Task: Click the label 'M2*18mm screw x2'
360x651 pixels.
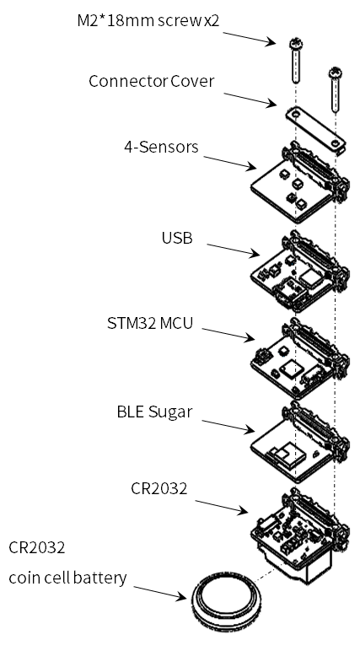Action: (x=148, y=21)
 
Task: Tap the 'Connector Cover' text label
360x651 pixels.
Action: (x=151, y=81)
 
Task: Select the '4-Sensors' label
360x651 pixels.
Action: (x=161, y=147)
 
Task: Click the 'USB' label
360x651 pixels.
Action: (x=177, y=239)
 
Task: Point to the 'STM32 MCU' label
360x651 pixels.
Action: (x=150, y=323)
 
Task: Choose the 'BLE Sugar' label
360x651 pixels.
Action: (x=154, y=412)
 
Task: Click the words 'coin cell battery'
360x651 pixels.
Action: (x=67, y=578)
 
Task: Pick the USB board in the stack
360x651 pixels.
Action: (x=300, y=271)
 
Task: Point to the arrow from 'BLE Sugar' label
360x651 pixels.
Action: (x=228, y=427)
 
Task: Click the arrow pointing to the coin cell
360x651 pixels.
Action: (x=160, y=594)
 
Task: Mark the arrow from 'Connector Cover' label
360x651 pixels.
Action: (x=250, y=100)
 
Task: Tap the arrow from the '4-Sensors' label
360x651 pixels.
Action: (x=229, y=163)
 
